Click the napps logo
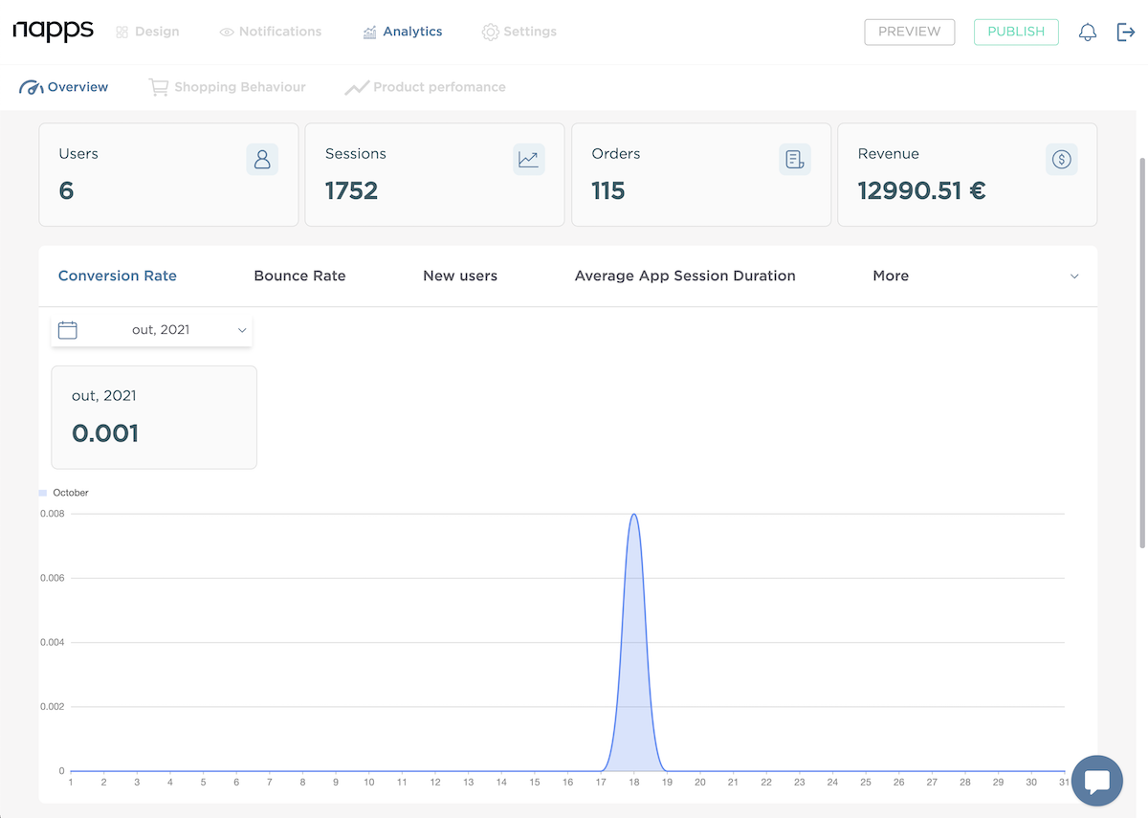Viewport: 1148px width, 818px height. (x=54, y=31)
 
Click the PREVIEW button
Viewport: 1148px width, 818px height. (x=909, y=32)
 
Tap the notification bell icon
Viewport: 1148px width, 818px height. (x=1088, y=33)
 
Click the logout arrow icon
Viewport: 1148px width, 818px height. (x=1126, y=33)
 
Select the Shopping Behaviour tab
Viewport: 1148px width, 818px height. (x=228, y=87)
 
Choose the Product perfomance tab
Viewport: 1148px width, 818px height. (x=426, y=87)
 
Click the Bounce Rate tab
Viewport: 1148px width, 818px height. (x=299, y=276)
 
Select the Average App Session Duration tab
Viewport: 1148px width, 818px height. (x=685, y=276)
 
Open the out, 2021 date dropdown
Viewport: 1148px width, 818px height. (x=152, y=330)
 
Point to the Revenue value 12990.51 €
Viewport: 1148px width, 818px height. (x=921, y=190)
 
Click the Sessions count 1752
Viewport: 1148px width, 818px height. (x=351, y=190)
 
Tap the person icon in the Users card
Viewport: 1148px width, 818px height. (x=262, y=159)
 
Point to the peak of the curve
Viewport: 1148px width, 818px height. (x=633, y=515)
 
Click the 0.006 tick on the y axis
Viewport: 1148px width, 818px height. (x=52, y=578)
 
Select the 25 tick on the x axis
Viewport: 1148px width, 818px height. (x=866, y=783)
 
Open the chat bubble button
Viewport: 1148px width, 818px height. (x=1096, y=781)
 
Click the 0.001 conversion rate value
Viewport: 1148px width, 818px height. (x=105, y=433)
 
